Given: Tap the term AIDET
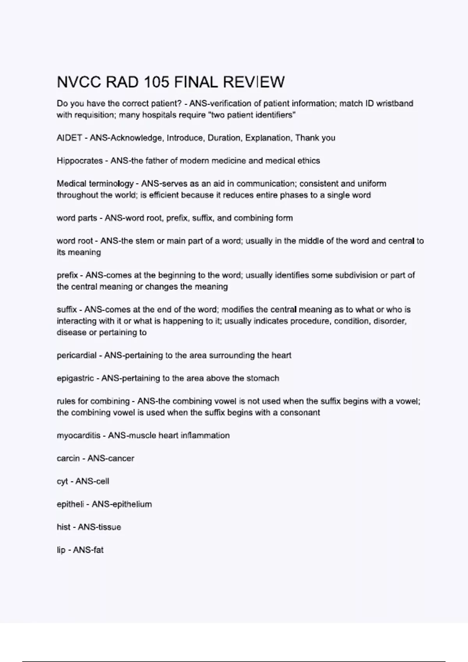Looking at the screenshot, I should point(69,138).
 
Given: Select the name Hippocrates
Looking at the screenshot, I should point(80,161).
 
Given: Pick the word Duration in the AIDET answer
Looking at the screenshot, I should point(224,138).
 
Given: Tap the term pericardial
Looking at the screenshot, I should point(76,355).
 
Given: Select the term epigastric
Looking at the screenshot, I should point(75,378).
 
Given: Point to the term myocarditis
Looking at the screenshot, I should point(78,435).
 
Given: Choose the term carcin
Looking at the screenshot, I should point(68,458).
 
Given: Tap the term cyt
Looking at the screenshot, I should point(62,481).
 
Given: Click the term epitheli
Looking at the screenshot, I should point(70,504).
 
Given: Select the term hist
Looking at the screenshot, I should point(64,527).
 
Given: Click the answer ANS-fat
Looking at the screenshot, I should point(88,550).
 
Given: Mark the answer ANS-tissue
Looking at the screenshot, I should point(99,527).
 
